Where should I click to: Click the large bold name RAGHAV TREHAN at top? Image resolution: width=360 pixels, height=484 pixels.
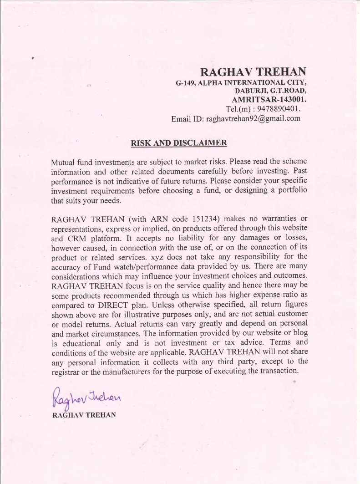(253, 72)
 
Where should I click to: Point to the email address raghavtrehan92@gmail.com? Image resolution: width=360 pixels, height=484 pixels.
(254, 119)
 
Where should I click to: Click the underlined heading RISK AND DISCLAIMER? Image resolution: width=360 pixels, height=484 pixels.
(178, 143)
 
